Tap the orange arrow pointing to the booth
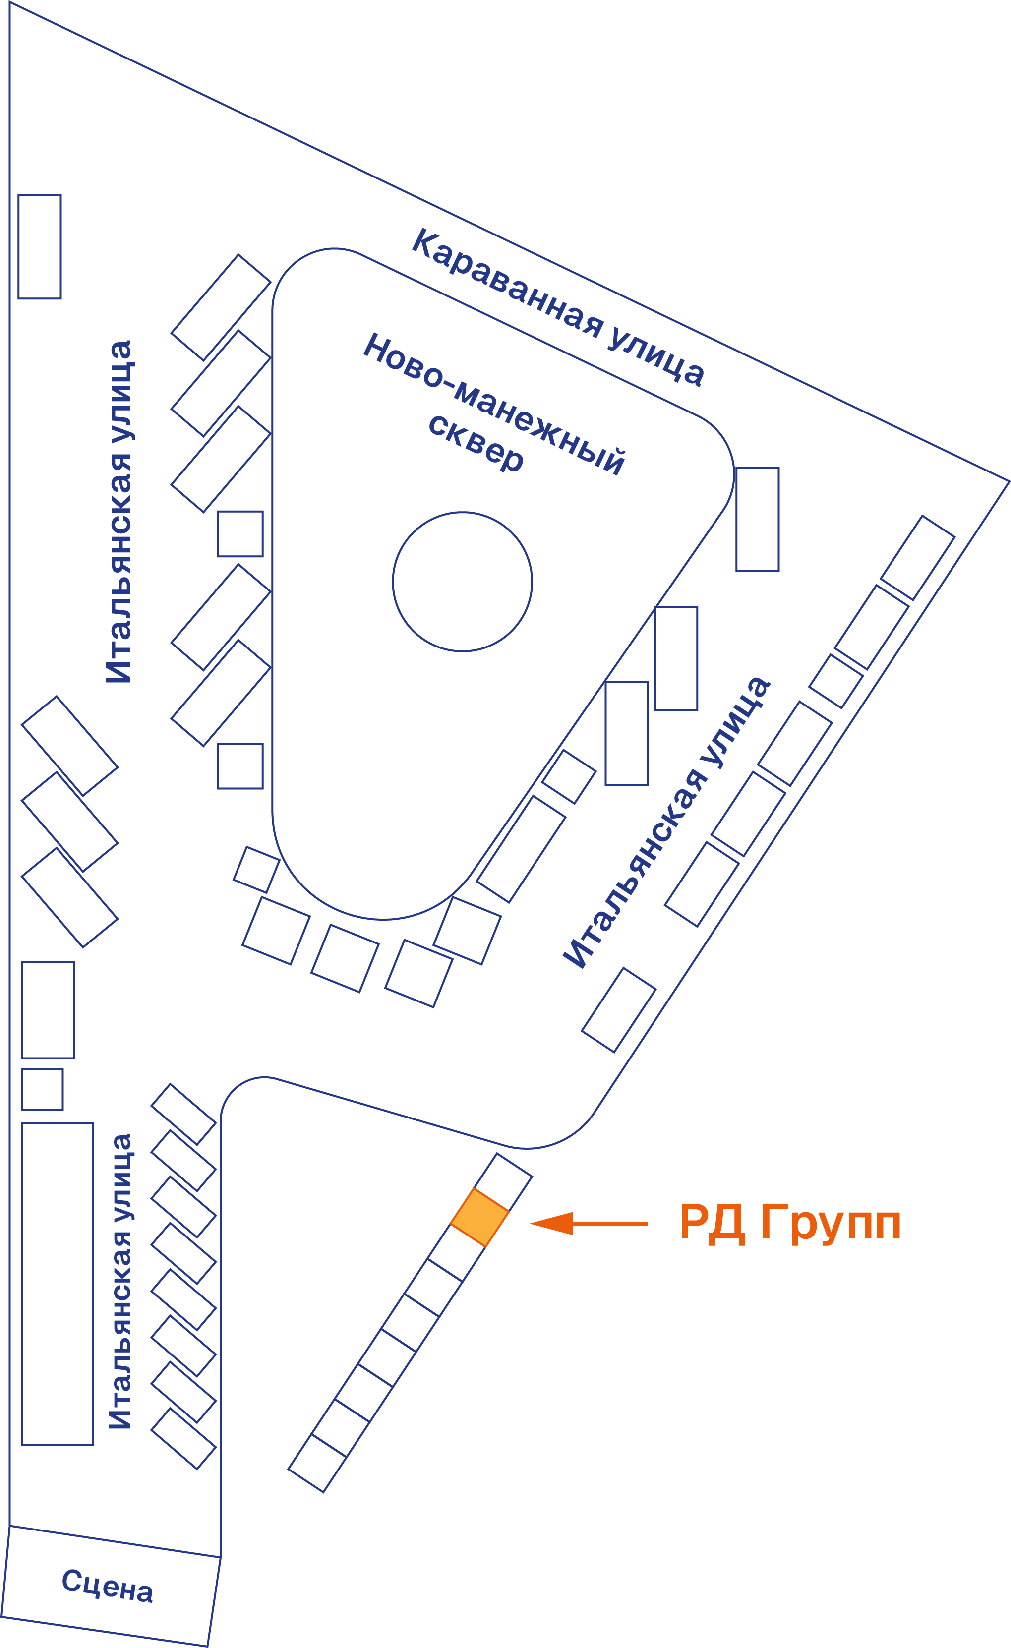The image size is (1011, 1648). (x=589, y=1223)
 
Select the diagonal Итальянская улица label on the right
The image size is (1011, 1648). (x=666, y=822)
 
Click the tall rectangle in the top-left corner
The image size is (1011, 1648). (x=40, y=247)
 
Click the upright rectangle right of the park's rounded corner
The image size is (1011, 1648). (x=758, y=519)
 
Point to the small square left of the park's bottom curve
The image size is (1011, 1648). (x=256, y=870)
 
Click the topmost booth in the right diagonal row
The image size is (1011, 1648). (x=917, y=557)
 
